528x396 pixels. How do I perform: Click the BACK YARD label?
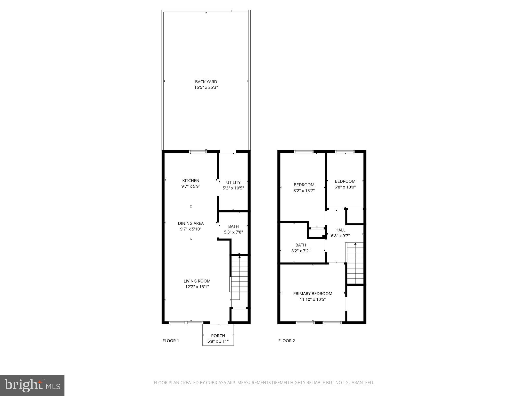click(206, 82)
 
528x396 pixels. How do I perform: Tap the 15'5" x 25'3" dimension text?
click(206, 87)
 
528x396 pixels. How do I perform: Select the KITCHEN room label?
click(191, 180)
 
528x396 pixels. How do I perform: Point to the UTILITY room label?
click(233, 182)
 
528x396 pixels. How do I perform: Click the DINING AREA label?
click(191, 223)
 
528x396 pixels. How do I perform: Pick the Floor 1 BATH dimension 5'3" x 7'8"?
click(233, 232)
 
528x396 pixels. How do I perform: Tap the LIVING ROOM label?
click(197, 281)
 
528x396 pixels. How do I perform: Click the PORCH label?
click(218, 336)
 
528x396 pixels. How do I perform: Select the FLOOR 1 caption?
click(171, 341)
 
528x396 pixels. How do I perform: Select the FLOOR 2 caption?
click(286, 341)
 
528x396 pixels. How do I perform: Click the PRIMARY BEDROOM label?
click(313, 293)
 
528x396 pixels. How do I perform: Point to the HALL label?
click(340, 230)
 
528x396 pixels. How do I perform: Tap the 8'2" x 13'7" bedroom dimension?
click(304, 191)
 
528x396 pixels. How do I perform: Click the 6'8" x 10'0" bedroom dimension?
click(345, 187)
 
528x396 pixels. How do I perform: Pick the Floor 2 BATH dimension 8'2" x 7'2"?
click(301, 251)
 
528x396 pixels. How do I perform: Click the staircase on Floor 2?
click(355, 263)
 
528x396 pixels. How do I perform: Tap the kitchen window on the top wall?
click(198, 152)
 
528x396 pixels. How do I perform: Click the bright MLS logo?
click(32, 385)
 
